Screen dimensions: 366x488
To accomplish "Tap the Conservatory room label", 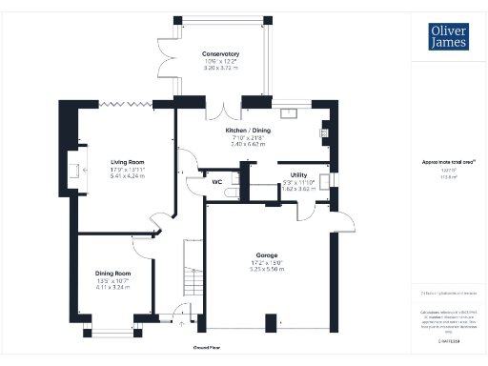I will [x=219, y=54].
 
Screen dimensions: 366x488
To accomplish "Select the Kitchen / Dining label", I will [x=244, y=130].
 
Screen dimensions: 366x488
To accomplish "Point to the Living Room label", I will [x=128, y=162].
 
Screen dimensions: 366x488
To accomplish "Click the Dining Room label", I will [x=113, y=274].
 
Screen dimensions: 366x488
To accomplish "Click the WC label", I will [x=217, y=181].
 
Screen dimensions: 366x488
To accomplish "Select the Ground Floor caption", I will [x=208, y=349].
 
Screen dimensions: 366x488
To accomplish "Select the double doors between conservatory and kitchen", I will [x=220, y=106].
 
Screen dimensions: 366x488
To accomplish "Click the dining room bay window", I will [x=113, y=330].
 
